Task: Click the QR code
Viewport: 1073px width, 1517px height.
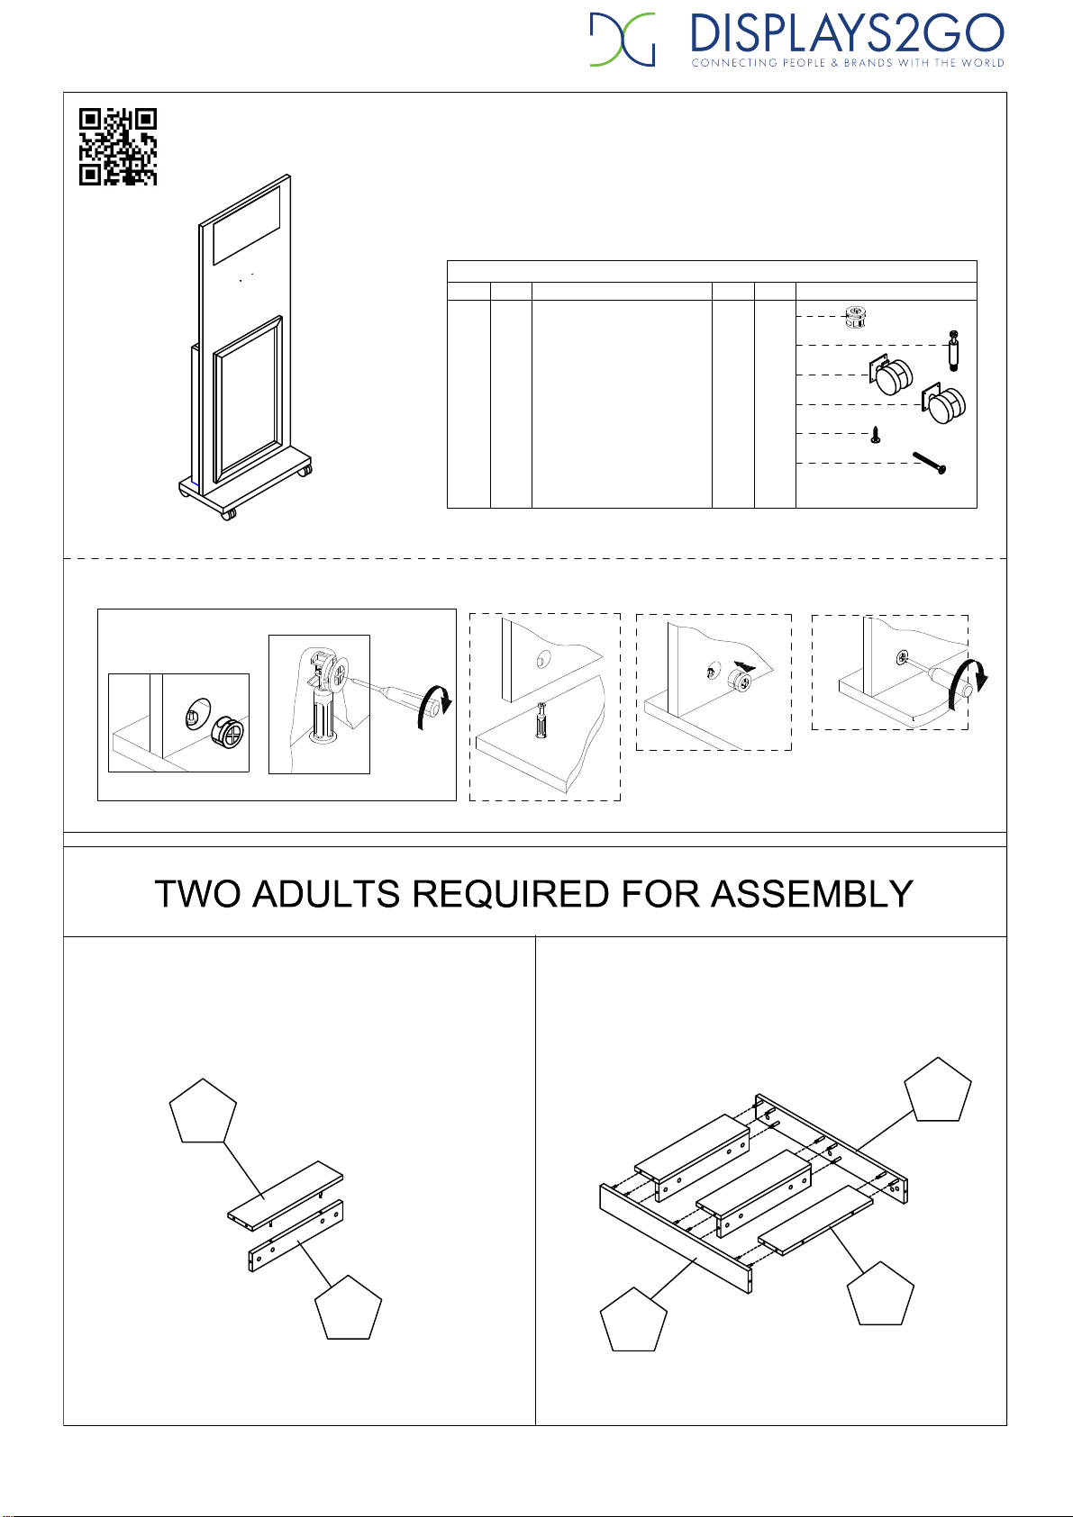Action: coord(118,146)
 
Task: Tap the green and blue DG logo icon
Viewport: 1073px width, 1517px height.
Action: coord(623,40)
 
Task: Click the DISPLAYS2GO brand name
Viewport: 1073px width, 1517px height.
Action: coord(847,34)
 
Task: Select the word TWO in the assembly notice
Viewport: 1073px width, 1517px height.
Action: coord(197,894)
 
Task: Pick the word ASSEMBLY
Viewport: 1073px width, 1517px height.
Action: coord(812,894)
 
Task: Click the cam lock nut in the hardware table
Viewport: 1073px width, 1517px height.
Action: coord(856,317)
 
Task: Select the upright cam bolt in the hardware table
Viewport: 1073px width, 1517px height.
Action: coord(954,350)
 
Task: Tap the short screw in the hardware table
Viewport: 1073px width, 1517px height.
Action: coord(875,434)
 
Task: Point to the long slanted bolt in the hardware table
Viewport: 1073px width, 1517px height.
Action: coord(929,464)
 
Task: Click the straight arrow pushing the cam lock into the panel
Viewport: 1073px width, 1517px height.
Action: coord(744,666)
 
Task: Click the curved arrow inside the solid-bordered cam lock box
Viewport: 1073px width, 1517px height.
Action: coord(434,707)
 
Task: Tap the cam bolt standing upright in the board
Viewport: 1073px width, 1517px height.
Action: coord(541,721)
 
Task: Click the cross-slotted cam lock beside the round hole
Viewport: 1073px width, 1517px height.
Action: coord(227,733)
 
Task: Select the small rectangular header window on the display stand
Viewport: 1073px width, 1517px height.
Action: coord(247,225)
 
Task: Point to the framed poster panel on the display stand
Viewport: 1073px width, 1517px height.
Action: coord(248,398)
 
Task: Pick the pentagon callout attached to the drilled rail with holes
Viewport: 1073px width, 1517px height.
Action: coord(349,1307)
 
